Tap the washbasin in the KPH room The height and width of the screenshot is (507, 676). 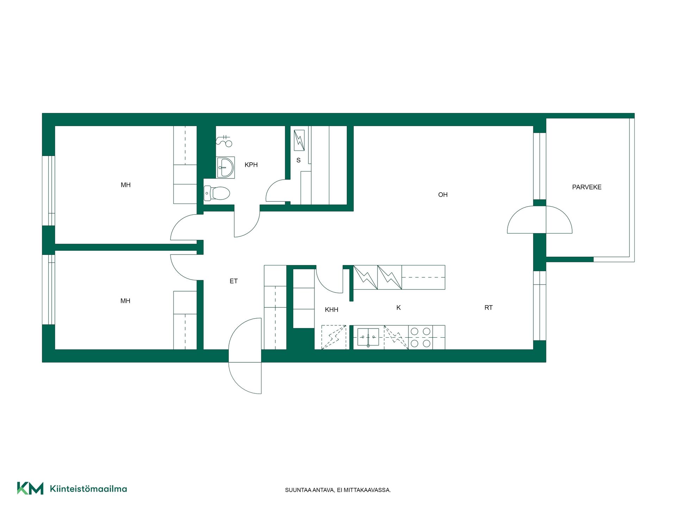[225, 167]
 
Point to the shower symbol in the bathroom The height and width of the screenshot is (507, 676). [224, 141]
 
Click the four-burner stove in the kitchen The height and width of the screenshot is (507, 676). [420, 337]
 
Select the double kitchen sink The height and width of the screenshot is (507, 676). [368, 337]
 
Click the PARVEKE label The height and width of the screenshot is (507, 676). [587, 187]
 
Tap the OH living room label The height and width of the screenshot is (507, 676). [443, 195]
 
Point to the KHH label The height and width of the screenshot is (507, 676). [331, 310]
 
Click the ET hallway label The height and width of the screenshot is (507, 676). [233, 281]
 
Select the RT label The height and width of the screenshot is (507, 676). [488, 308]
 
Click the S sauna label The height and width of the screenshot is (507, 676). [299, 161]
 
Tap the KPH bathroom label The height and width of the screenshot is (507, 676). [251, 165]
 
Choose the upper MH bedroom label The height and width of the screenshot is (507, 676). [126, 185]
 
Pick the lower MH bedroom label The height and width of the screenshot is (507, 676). [125, 301]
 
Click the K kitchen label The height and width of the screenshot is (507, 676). [399, 308]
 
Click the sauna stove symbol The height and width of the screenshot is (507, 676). [299, 140]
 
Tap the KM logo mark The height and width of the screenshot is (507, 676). [30, 488]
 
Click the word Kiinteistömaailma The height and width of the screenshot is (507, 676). [88, 489]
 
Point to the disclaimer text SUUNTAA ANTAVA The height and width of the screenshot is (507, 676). [310, 490]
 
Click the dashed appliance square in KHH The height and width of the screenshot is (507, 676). [334, 337]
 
